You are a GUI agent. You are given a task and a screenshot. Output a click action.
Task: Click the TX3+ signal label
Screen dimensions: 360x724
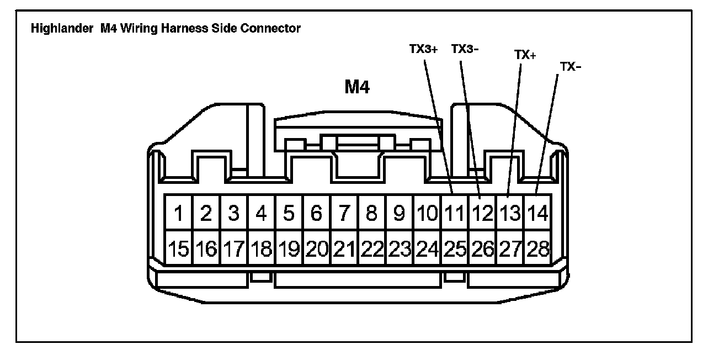pos(423,49)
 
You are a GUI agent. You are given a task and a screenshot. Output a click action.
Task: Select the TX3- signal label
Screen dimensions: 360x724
pos(465,49)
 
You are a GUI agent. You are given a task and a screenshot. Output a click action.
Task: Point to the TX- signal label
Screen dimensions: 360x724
pos(571,67)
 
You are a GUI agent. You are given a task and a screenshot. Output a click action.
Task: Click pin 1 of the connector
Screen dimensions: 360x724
pos(179,213)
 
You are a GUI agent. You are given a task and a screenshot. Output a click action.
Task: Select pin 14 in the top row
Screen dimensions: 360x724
pos(537,213)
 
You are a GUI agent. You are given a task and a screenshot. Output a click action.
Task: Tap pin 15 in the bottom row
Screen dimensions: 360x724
pos(179,250)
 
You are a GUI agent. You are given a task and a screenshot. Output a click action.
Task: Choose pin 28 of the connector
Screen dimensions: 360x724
pos(537,250)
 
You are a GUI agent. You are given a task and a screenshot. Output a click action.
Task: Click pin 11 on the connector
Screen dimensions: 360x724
pos(455,213)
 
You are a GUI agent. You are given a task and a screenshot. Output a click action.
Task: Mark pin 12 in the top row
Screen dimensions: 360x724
pos(482,213)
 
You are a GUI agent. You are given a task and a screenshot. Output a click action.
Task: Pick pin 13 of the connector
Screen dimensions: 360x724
pos(510,213)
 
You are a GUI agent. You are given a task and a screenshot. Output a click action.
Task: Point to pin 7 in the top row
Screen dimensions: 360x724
pos(344,213)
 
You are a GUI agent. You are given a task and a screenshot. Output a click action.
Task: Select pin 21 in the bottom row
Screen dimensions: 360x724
pos(344,250)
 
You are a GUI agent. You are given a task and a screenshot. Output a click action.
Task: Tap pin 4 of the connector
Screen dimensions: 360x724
pos(262,213)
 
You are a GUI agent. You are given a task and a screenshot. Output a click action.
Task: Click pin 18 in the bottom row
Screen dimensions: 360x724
pos(262,250)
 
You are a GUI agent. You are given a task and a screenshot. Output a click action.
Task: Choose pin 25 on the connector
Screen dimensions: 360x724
pos(455,250)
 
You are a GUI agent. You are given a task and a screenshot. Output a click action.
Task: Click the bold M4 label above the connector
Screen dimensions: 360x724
pos(357,87)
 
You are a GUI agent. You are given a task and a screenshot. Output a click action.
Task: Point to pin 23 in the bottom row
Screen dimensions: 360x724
pos(400,250)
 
